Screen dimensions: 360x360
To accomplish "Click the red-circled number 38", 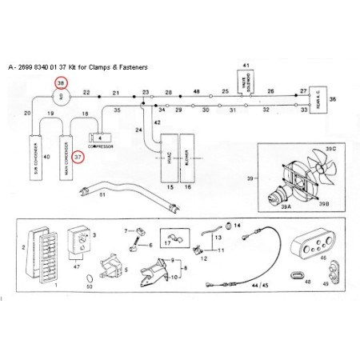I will (60, 82).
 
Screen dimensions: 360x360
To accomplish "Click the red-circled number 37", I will (78, 158).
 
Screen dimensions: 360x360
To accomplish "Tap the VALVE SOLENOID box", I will (246, 81).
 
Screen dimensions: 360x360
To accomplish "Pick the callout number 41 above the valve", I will (246, 64).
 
